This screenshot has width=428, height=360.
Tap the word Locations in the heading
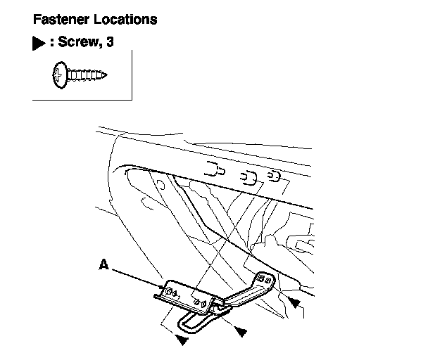point(126,19)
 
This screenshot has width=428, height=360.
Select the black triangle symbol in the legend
point(38,43)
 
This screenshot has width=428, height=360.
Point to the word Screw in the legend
point(76,43)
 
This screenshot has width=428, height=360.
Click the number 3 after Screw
point(110,43)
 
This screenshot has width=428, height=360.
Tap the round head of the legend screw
point(60,74)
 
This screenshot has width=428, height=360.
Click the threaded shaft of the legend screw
point(87,74)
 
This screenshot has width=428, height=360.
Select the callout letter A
point(103,265)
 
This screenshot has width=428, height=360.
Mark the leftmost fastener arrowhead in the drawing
point(182,340)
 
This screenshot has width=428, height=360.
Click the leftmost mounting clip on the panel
point(215,169)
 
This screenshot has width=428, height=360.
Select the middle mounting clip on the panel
point(248,176)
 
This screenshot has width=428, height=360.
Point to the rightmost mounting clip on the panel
point(276,175)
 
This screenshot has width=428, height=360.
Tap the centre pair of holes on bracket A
point(201,304)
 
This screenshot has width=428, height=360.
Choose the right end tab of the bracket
point(266,279)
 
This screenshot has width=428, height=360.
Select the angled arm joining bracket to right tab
point(239,295)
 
